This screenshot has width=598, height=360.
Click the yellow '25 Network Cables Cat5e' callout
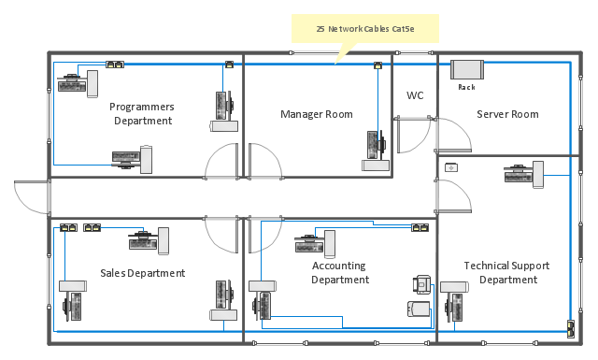[365, 29]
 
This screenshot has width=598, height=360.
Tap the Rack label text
[466, 87]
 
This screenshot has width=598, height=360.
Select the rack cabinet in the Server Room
[467, 69]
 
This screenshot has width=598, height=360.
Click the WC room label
[415, 95]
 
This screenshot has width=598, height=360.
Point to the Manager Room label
[317, 114]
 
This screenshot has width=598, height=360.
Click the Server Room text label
[507, 114]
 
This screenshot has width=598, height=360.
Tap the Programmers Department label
[142, 113]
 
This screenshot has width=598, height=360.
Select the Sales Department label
[143, 273]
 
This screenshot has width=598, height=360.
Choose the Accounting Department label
[340, 273]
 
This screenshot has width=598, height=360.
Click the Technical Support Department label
[506, 273]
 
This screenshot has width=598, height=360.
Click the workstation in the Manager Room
[376, 151]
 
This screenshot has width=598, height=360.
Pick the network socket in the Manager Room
[377, 65]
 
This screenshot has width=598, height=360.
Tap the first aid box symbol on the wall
[451, 167]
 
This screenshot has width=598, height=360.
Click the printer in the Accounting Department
[421, 284]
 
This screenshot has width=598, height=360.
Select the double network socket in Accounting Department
[420, 228]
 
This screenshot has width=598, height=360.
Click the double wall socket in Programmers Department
[115, 65]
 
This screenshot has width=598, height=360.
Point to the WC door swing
[413, 135]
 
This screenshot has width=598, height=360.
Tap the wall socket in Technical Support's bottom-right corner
[571, 329]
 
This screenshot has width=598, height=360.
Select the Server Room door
[454, 135]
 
